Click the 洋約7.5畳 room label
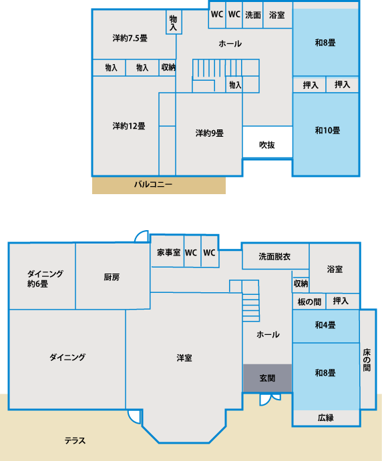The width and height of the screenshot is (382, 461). pos(130,38)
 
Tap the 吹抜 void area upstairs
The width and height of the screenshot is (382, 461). pos(267,142)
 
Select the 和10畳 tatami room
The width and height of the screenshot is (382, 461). pos(326,134)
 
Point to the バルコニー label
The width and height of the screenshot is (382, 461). pos(153,184)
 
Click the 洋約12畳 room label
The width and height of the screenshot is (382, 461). pos(129,126)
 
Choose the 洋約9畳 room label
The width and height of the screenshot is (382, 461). pos(210,133)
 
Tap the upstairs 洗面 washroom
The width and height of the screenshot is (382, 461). pos(253,15)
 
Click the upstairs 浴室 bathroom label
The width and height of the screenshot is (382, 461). pos(276,15)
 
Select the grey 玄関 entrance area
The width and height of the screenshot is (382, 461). pos(267,378)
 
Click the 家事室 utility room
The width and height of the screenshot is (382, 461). pos(168,252)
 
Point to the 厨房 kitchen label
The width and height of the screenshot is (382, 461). pos(112,277)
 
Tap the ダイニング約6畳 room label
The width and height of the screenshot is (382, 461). pos(45,279)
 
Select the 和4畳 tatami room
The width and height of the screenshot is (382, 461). pos(326,326)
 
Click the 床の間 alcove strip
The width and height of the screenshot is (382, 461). pos(368,360)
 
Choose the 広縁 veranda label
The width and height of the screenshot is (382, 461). pos(326,418)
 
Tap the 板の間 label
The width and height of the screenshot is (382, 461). pos(309,302)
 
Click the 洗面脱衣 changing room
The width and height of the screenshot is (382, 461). pos(275,256)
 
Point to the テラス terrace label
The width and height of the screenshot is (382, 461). pos(75,440)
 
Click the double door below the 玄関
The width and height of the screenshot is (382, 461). pos(270,399)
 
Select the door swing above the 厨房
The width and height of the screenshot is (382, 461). pos(142,236)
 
